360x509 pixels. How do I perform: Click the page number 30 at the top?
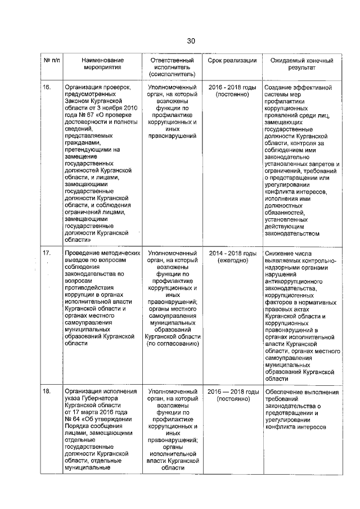coord(191,40)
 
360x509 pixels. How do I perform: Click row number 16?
coord(47,87)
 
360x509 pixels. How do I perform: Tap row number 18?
coord(47,391)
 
